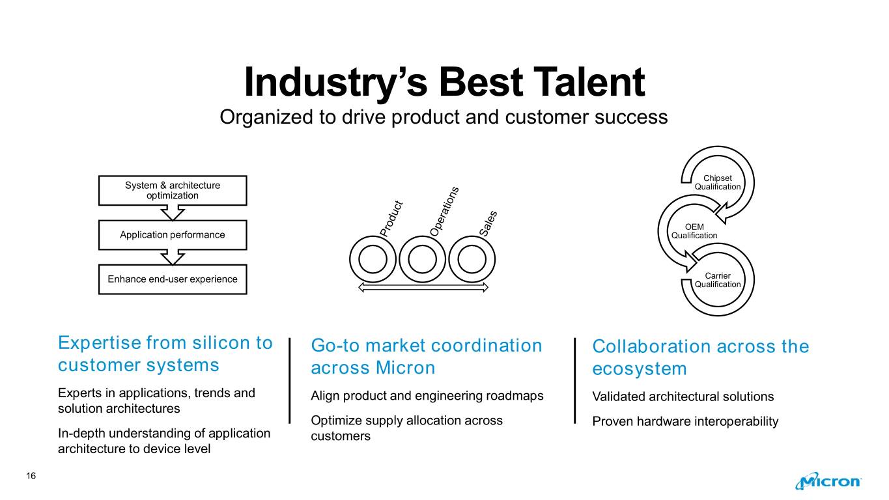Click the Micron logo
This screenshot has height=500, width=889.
828,481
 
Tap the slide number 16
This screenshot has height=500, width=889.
31,476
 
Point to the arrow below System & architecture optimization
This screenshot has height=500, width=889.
173,213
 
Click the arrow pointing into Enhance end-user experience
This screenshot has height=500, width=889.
173,258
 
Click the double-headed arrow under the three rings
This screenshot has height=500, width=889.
423,287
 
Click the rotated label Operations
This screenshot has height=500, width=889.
444,212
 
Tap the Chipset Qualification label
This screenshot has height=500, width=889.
718,182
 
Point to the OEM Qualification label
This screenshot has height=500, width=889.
694,231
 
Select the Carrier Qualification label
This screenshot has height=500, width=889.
718,280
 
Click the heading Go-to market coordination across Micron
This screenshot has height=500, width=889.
427,356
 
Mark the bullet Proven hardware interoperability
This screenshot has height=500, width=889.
685,421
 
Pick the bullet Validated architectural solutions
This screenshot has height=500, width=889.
683,396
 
